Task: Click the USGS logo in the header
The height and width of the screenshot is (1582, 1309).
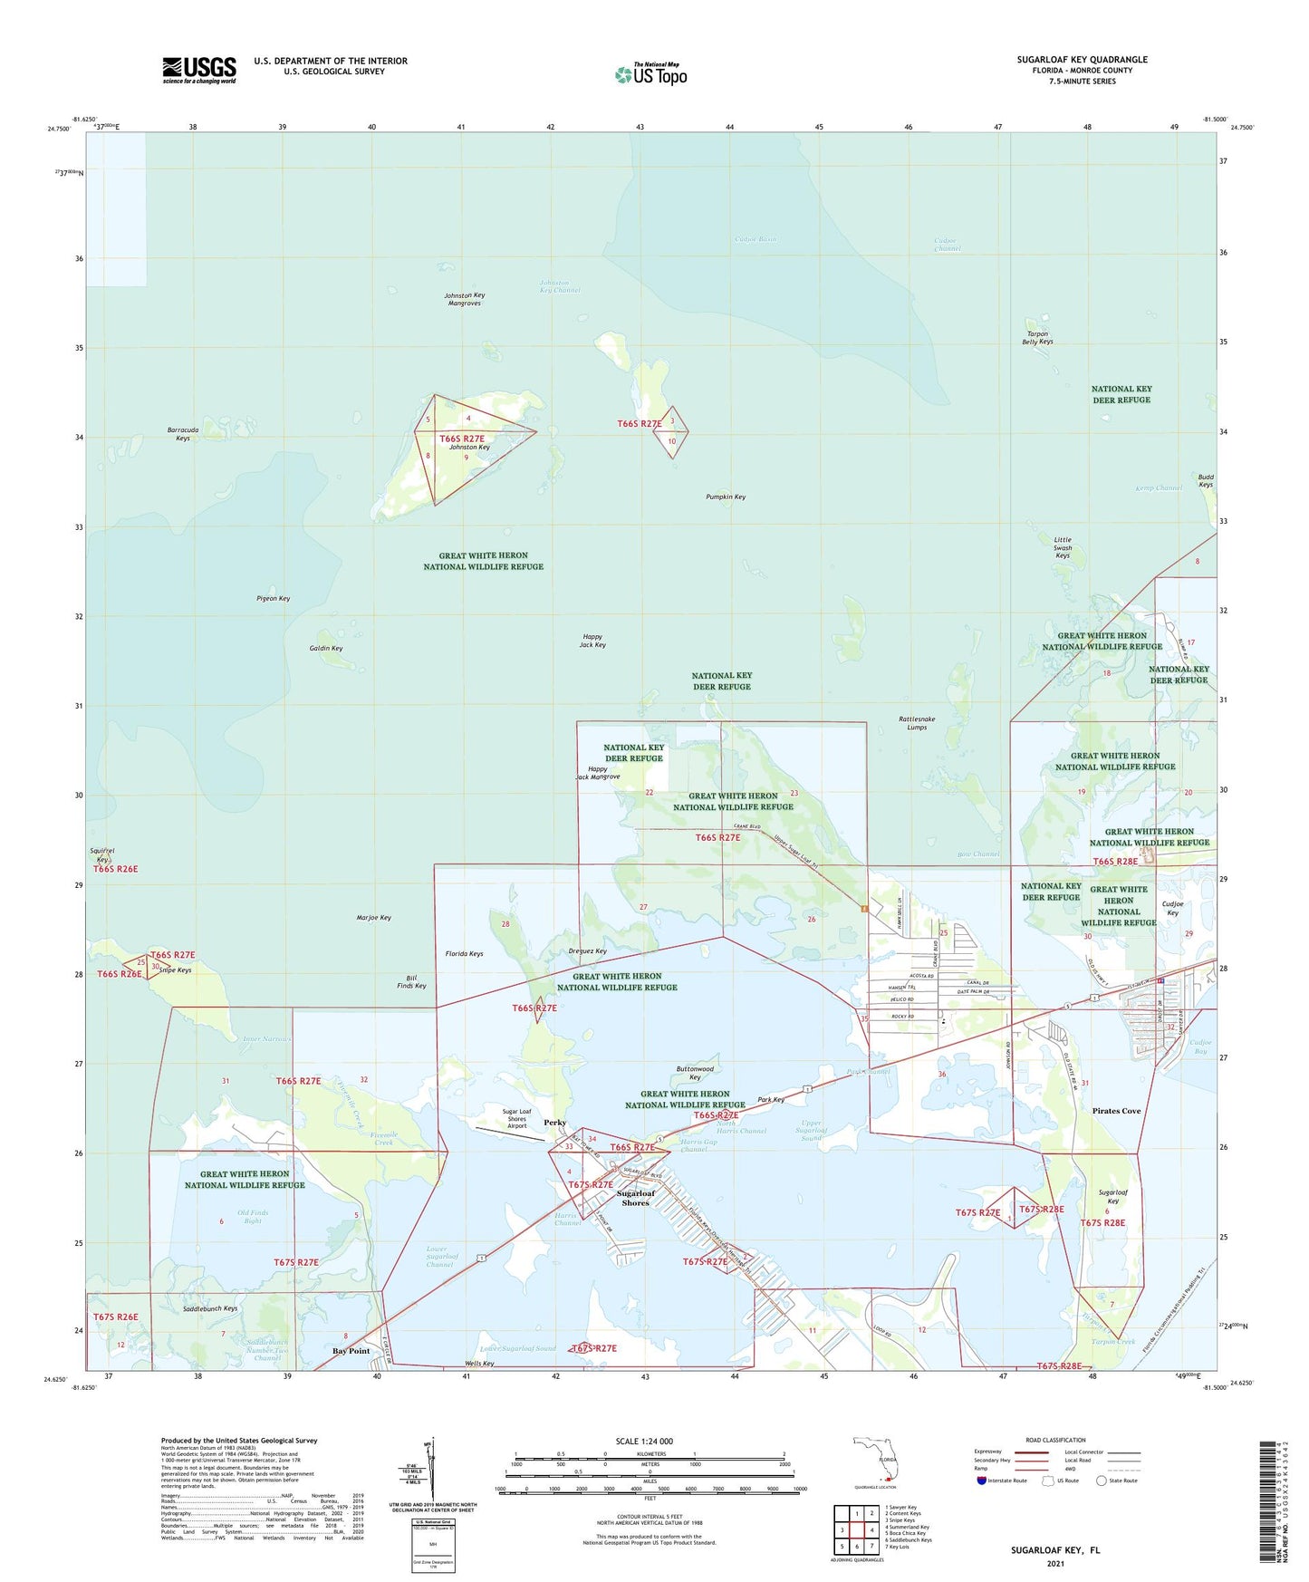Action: pyautogui.click(x=199, y=70)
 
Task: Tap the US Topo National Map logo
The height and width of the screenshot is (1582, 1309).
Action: pyautogui.click(x=650, y=73)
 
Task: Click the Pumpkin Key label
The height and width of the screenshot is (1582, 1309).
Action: pyautogui.click(x=726, y=497)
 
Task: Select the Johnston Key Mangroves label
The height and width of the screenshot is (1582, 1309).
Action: pyautogui.click(x=464, y=300)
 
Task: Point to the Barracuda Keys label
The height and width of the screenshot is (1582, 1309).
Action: pyautogui.click(x=183, y=434)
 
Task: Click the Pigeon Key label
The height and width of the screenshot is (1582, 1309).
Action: pyautogui.click(x=273, y=599)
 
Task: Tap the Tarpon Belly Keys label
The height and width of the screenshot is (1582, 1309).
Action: pyautogui.click(x=1037, y=338)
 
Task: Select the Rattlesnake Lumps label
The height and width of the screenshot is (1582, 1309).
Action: pyautogui.click(x=917, y=723)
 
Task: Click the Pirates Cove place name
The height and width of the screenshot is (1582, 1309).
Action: pyautogui.click(x=1116, y=1111)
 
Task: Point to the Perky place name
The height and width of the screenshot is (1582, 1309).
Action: pyautogui.click(x=554, y=1123)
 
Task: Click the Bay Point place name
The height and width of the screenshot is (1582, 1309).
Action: pyautogui.click(x=351, y=1351)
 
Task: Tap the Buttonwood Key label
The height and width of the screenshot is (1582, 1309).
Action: pyautogui.click(x=695, y=1073)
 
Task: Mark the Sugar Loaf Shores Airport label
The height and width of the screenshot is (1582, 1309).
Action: pyautogui.click(x=516, y=1118)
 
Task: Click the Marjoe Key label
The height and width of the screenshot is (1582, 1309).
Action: pyautogui.click(x=374, y=918)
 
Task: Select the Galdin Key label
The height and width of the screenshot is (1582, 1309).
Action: pyautogui.click(x=326, y=649)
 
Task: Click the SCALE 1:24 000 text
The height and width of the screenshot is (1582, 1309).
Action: pyautogui.click(x=643, y=1442)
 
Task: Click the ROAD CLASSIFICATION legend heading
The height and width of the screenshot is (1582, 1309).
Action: pyautogui.click(x=1055, y=1440)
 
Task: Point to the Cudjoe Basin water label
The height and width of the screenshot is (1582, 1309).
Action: pyautogui.click(x=755, y=239)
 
